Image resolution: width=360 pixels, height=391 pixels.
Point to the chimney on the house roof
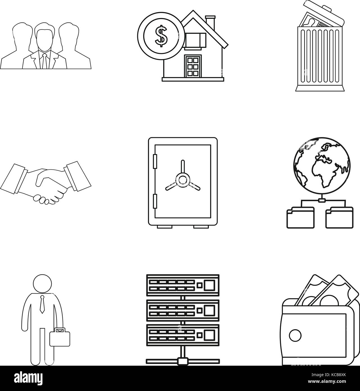click(210, 23)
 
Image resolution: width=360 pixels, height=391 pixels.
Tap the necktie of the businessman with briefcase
click(42, 305)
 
